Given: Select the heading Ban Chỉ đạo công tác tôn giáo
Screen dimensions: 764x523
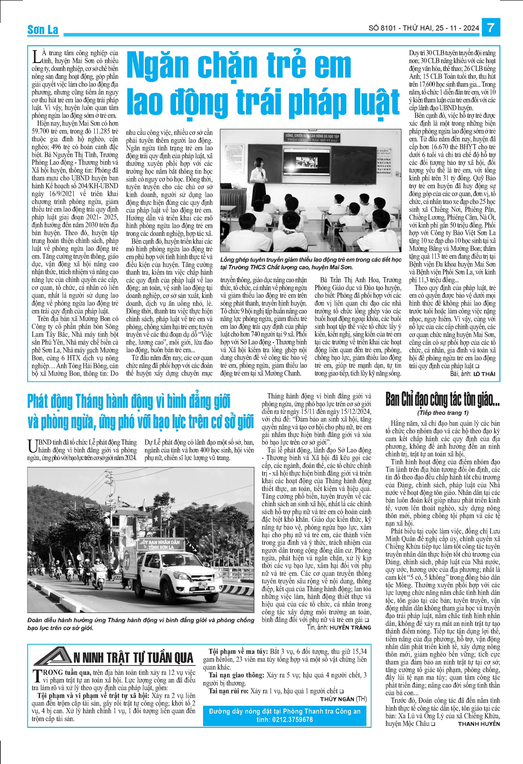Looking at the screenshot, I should [x=442, y=399].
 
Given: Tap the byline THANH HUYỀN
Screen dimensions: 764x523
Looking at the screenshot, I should [x=479, y=724].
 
